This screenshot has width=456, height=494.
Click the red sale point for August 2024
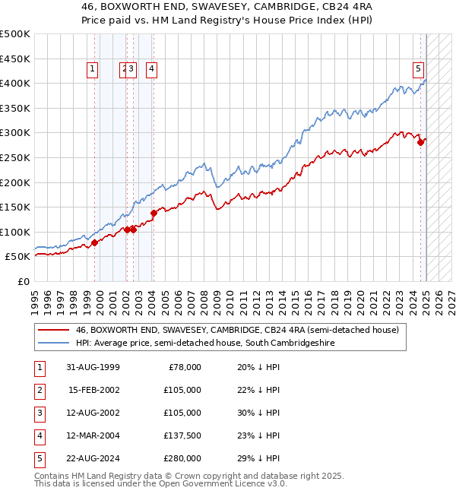pos(420,142)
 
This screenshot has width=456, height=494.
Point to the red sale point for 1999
pos(95,242)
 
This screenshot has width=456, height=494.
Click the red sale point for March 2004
pos(153,213)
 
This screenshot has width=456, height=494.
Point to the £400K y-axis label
pos(15,83)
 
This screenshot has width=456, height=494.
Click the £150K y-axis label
pos(15,207)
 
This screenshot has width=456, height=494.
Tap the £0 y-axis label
pos(24,281)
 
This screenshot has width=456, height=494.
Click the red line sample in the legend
pos(53,330)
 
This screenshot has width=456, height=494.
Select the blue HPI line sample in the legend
pos(53,344)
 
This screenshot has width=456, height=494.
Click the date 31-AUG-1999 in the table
pos(93,367)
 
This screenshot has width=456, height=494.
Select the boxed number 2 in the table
pos(39,390)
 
